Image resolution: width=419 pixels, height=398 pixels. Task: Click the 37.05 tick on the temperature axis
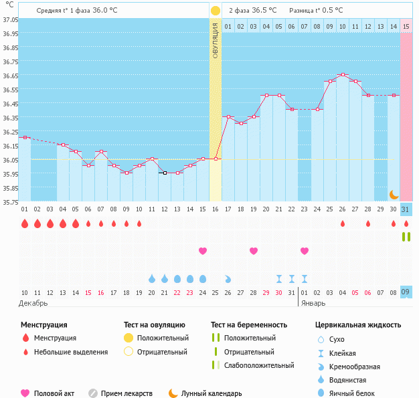(x=10, y=19)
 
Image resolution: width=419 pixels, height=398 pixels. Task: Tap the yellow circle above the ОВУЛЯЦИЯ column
(x=215, y=11)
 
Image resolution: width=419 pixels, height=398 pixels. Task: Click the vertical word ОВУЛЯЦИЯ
(x=215, y=40)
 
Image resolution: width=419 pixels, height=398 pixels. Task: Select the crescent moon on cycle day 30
(x=394, y=194)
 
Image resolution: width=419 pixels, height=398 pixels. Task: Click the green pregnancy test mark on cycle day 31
(x=406, y=237)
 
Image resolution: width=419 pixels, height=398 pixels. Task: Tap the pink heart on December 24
(x=203, y=251)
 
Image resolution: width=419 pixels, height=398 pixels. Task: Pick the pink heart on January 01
(x=305, y=251)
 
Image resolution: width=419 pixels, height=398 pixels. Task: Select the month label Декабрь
(x=33, y=303)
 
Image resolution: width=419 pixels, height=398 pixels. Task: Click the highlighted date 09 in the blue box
(x=406, y=292)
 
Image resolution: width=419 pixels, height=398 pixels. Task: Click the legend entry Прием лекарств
(x=127, y=393)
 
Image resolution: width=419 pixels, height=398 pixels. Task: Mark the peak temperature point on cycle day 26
(x=343, y=75)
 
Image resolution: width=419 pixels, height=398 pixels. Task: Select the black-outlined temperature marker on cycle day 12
(x=164, y=173)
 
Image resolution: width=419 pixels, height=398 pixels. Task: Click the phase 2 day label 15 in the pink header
(x=406, y=27)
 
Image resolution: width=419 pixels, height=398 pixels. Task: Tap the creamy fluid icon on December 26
(x=228, y=278)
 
